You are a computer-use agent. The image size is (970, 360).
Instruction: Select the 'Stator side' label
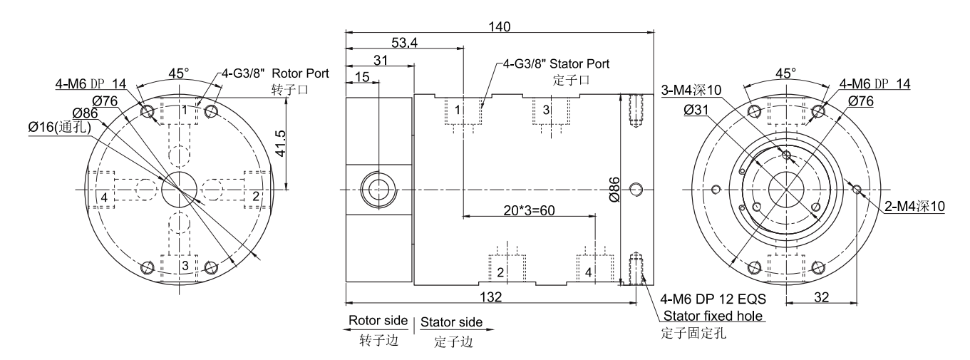pyautogui.click(x=451, y=322)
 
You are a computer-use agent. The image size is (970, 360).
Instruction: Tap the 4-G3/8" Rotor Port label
pyautogui.click(x=275, y=73)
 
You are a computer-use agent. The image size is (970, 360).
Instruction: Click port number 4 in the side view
pyautogui.click(x=588, y=272)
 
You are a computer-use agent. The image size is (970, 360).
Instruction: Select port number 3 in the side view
pyautogui.click(x=546, y=110)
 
